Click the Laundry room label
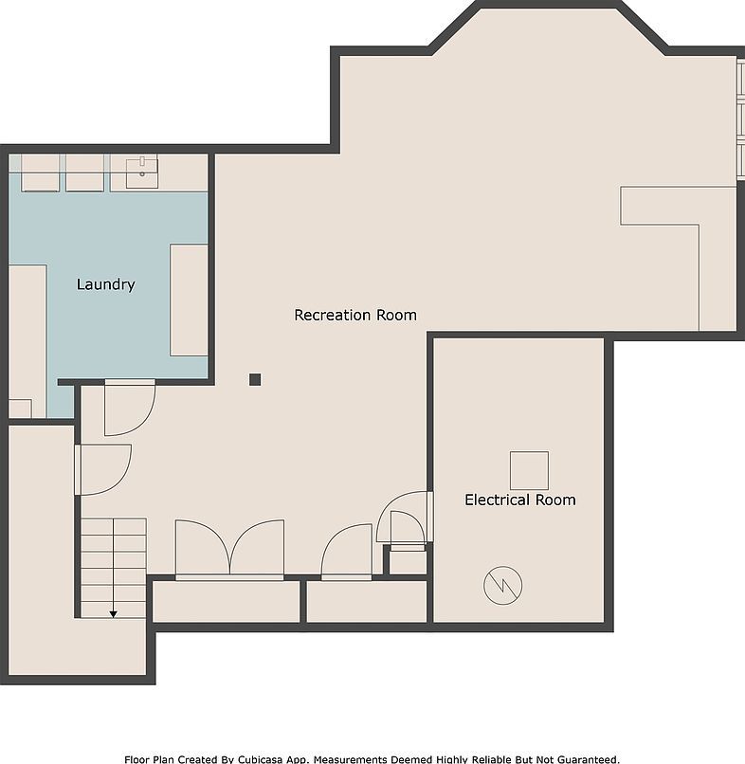pos(105,284)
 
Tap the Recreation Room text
pos(354,315)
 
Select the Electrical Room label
pos(519,500)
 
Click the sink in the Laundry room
pos(143,172)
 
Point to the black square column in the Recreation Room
pos(255,379)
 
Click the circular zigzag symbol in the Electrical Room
pos(502,586)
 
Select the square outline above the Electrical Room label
pos(529,470)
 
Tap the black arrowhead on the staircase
pos(113,614)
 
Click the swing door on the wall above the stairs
pos(102,469)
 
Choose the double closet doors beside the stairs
pos(229,550)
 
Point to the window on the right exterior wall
pos(739,118)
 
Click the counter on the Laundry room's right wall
pos(189,299)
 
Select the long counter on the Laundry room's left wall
pos(27,332)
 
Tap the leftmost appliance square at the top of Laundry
pos(40,173)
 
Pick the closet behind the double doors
pos(226,602)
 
